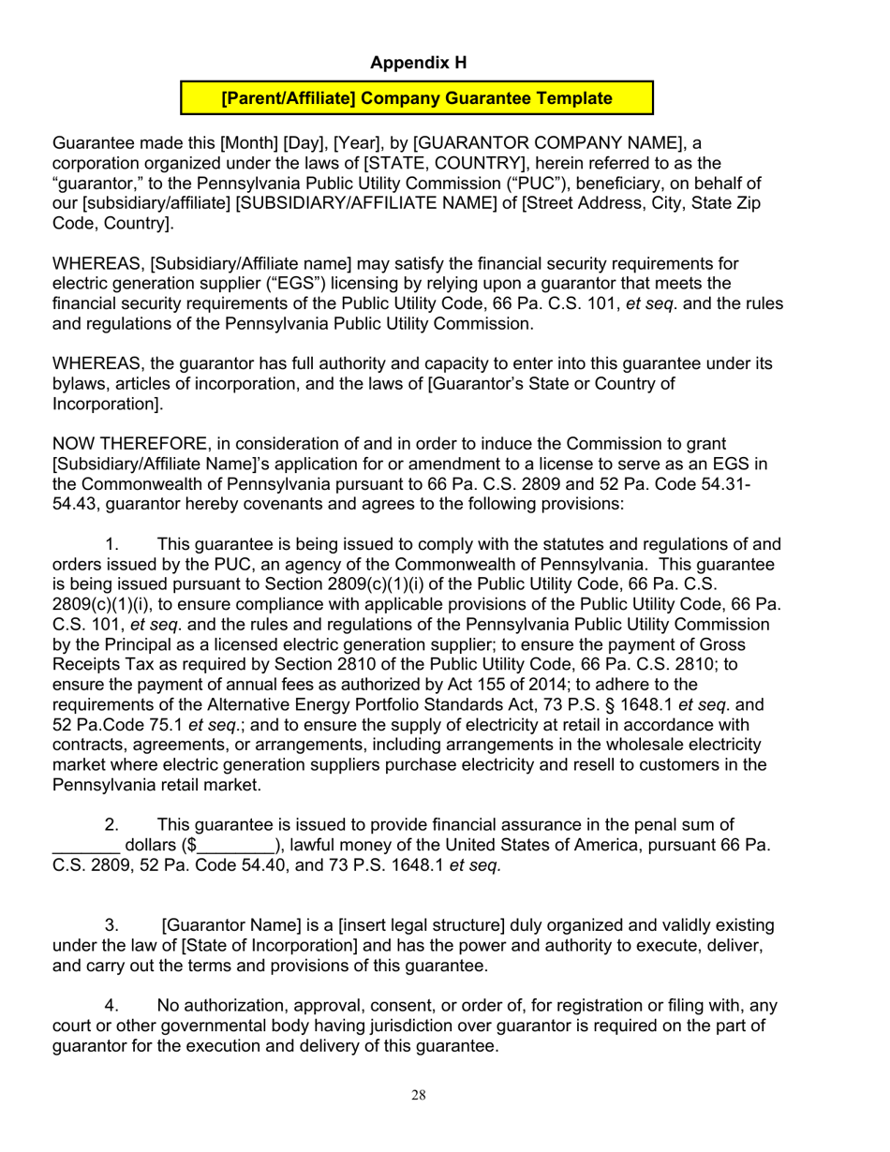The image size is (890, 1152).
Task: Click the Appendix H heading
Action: point(419,63)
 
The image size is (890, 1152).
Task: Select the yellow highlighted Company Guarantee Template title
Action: point(417,97)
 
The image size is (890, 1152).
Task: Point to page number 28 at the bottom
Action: point(420,1096)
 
